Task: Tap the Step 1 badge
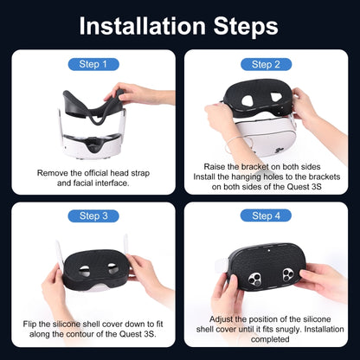point(93,64)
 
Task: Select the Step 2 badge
point(266,64)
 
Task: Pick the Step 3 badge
point(93,215)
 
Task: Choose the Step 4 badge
point(266,215)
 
